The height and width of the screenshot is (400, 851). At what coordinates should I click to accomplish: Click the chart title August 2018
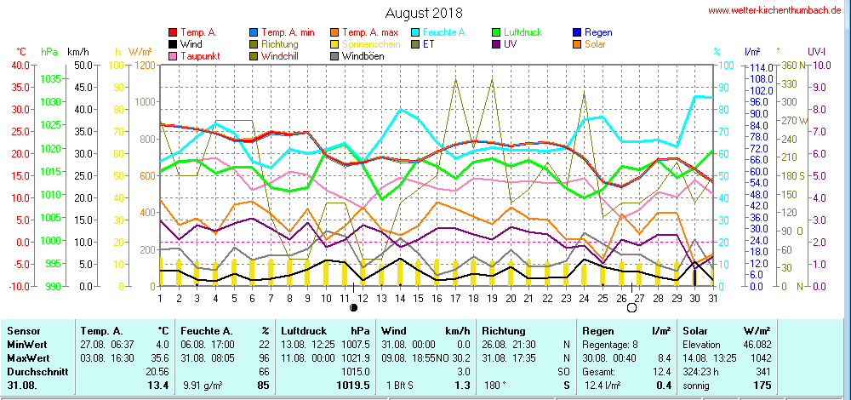coord(423,13)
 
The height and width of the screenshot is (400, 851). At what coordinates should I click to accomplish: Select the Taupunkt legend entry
coord(198,56)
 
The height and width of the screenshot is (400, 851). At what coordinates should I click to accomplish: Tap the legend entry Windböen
coord(363,56)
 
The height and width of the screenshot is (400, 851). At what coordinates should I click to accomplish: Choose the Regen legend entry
coord(597,32)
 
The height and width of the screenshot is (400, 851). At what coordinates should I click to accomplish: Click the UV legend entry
coord(510,44)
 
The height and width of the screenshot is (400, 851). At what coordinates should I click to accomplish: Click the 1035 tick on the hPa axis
coord(51,78)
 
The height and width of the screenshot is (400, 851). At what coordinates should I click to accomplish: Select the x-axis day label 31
coord(711,297)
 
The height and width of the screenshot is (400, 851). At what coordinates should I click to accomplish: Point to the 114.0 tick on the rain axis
coord(759,68)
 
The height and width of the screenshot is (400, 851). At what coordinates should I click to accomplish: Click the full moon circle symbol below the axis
coord(631,308)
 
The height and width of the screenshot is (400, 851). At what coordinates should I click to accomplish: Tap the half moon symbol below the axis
coord(353,307)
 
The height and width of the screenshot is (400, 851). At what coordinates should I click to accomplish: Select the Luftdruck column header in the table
coord(304,330)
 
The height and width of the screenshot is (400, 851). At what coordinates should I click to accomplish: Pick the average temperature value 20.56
coord(157,372)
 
